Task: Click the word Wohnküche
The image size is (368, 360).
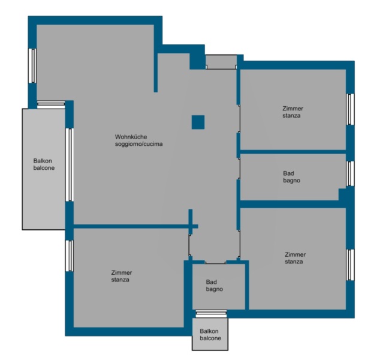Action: (x=131, y=137)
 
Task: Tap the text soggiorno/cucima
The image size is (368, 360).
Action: (x=138, y=144)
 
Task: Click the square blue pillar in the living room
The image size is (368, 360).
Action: (x=198, y=122)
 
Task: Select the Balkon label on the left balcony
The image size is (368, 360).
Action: (x=43, y=161)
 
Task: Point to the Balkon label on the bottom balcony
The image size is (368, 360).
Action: (x=209, y=331)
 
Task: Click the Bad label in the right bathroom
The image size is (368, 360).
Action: (x=288, y=173)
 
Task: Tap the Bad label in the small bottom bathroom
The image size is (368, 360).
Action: (x=212, y=282)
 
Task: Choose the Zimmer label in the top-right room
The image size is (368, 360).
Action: (x=292, y=109)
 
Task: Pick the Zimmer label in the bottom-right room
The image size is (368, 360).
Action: (x=295, y=254)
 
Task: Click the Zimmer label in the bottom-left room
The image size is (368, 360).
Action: (x=122, y=272)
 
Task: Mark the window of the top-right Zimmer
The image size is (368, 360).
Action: (x=350, y=109)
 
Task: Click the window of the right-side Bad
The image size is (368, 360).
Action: (x=350, y=173)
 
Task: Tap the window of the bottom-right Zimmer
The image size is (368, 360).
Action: (x=350, y=265)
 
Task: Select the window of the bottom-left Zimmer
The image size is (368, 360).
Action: (x=70, y=256)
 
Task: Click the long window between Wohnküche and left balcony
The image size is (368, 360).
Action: (x=70, y=165)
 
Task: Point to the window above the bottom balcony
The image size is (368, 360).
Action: (x=211, y=314)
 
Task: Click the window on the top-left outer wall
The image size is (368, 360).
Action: (x=32, y=66)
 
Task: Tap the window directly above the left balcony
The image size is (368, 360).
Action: (x=51, y=105)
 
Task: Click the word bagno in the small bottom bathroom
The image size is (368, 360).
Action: (x=215, y=289)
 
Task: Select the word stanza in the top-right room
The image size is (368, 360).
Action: (x=291, y=116)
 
